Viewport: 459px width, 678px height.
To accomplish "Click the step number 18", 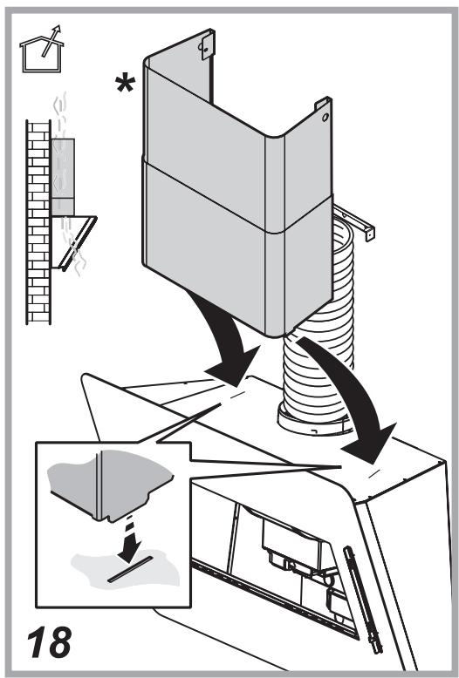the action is tap(49, 641).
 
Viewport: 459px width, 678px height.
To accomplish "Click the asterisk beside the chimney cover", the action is tap(126, 84).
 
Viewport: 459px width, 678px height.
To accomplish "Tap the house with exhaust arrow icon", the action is tap(42, 50).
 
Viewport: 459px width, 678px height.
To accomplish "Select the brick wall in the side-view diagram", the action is tap(38, 222).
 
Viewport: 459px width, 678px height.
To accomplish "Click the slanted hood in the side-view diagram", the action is tap(74, 242).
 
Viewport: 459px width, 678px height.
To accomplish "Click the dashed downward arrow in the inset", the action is tap(128, 539).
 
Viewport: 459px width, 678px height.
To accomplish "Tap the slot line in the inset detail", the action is tap(130, 569).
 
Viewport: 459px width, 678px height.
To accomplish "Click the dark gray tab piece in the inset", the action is tap(111, 485).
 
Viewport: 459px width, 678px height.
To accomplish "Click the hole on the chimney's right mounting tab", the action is tap(325, 117).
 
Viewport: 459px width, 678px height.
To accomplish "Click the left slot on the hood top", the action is tap(236, 396).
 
